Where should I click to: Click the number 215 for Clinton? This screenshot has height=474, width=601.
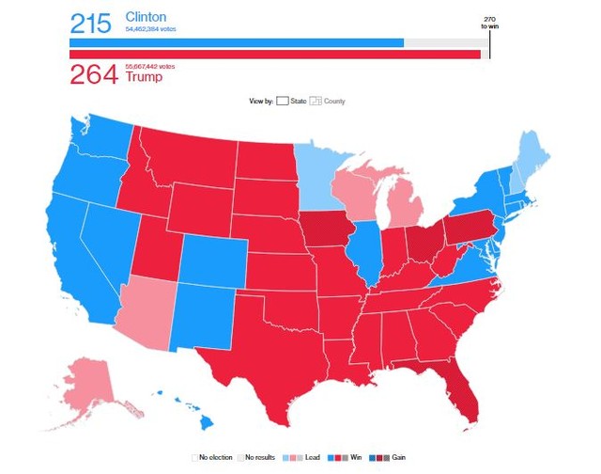point(90,22)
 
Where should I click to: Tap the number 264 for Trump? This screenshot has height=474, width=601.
point(93,73)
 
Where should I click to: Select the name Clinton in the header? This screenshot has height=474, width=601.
point(148,18)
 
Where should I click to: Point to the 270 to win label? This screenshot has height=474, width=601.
point(489,23)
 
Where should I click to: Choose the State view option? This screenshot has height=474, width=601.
point(292,101)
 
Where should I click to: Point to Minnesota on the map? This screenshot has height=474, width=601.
point(323,179)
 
